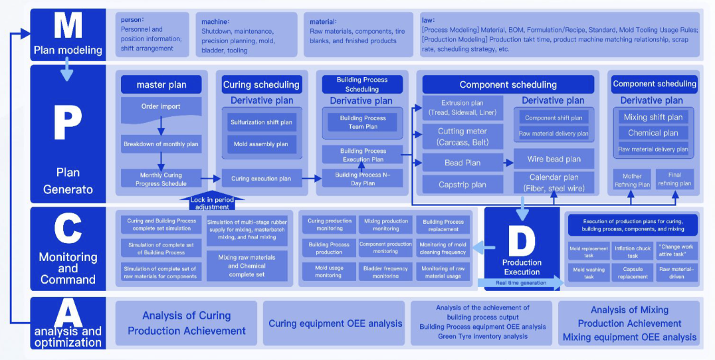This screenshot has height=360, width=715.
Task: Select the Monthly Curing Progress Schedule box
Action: (x=161, y=179)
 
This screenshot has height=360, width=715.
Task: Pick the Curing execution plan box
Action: (x=260, y=178)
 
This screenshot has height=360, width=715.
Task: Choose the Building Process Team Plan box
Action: (x=362, y=122)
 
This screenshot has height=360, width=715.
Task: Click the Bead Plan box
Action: (x=463, y=163)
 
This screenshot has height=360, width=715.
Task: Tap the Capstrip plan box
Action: (x=463, y=185)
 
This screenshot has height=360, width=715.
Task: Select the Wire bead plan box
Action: (x=554, y=159)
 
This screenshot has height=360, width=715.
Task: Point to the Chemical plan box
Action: (x=653, y=133)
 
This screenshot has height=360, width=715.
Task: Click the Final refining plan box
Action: (x=675, y=180)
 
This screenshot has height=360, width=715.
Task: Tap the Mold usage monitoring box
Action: (x=328, y=272)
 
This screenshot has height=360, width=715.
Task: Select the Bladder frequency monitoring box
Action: (x=385, y=272)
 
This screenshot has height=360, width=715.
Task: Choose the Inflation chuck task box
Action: (x=633, y=252)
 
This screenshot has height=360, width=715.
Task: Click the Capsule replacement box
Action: (x=633, y=273)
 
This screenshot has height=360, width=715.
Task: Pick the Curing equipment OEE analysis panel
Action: (x=335, y=323)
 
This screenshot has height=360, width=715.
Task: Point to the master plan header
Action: (x=161, y=85)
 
